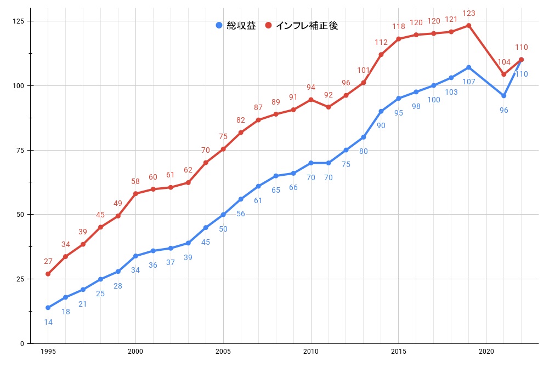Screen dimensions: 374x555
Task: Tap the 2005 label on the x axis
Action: click(x=223, y=351)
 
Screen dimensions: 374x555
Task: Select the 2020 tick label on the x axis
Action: click(x=486, y=351)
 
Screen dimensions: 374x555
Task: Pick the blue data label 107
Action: click(x=469, y=82)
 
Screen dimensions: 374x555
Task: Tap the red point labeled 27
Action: click(x=48, y=274)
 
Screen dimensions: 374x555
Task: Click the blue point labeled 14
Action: click(x=48, y=308)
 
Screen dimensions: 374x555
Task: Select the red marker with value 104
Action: click(x=504, y=74)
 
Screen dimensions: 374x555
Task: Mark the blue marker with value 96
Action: click(x=504, y=96)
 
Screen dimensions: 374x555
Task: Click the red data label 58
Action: click(x=135, y=181)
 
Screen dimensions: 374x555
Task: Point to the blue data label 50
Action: click(x=223, y=229)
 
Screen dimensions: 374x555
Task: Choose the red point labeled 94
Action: click(x=311, y=100)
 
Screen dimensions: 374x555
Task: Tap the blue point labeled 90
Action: click(x=381, y=111)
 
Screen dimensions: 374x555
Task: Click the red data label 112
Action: click(x=381, y=42)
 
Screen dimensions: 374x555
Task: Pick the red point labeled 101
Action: click(x=364, y=83)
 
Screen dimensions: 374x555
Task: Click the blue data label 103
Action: click(x=451, y=92)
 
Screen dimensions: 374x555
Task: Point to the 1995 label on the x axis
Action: click(x=48, y=351)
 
